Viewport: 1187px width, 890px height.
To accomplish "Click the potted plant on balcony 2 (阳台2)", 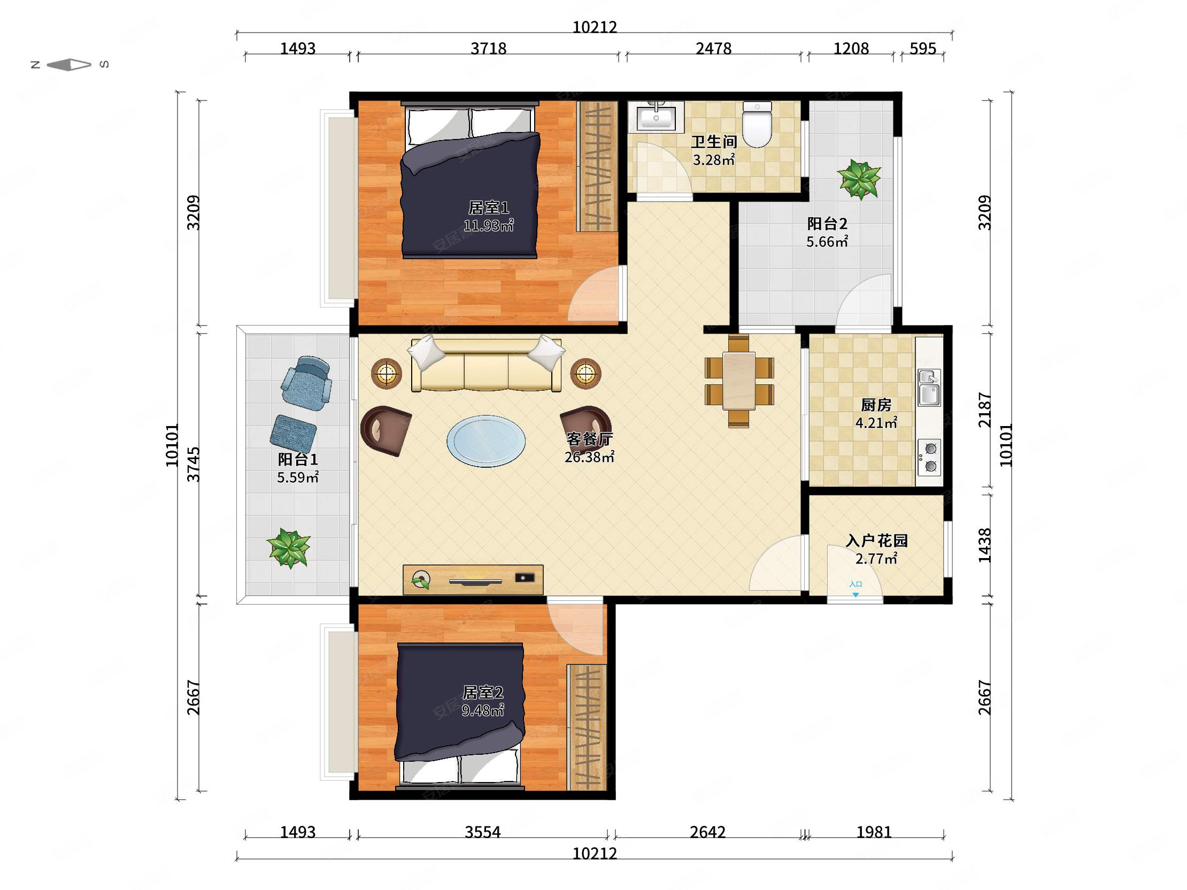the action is coord(859,179).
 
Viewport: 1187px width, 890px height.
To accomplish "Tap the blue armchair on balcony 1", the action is coord(307,382).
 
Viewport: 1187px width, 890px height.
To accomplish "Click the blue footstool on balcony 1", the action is coord(293,434).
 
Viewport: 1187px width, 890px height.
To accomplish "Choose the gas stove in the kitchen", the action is coord(929,457).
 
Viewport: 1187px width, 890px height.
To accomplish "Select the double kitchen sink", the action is coord(929,388).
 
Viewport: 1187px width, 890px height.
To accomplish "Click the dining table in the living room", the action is coord(739,381).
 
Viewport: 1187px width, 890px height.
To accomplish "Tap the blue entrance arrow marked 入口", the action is coord(856,595).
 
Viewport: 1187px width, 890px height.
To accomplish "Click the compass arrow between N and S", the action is coord(69,65).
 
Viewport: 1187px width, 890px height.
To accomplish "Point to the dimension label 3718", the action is coord(488,49).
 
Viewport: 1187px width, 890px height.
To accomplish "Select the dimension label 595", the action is coord(923,49).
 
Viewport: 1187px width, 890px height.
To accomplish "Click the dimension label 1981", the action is coord(874,832).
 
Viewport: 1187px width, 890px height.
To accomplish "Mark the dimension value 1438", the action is coord(984,545).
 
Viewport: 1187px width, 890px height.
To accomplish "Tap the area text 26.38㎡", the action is coord(589,457).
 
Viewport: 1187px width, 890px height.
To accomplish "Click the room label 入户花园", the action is coord(877,540).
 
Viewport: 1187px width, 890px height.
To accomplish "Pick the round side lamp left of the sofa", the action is coord(387,373).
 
